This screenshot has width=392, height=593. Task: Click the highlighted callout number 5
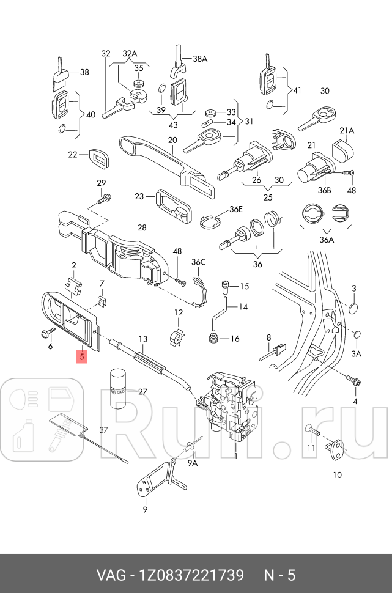point(82,356)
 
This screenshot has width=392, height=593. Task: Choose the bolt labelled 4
point(353,379)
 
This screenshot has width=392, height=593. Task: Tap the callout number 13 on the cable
point(142,339)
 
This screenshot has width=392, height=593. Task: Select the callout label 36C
point(198,262)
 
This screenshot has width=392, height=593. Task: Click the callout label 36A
point(327,240)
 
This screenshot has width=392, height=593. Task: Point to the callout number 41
point(297,90)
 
